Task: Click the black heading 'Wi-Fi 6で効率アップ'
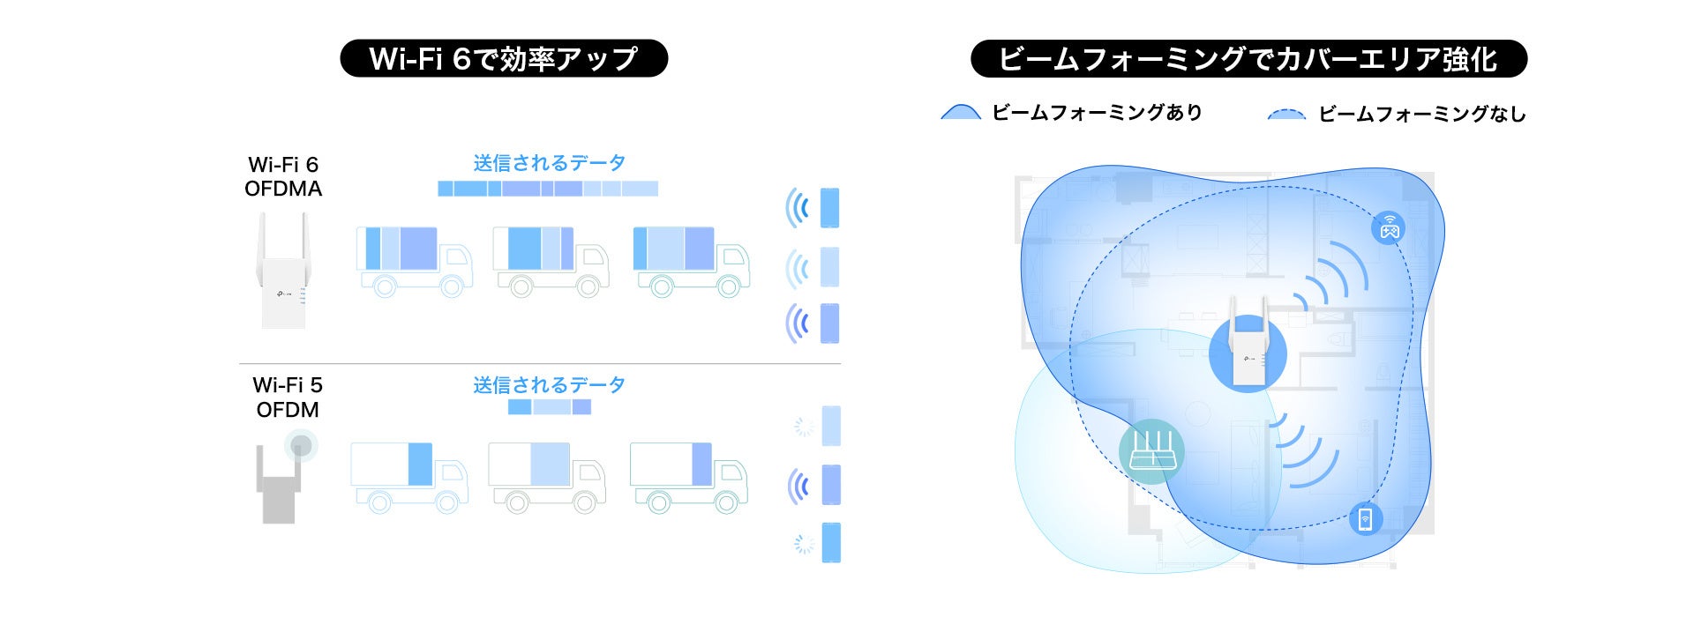(x=504, y=58)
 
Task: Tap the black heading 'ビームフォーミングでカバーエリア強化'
(x=1248, y=59)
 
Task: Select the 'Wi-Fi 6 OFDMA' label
(x=283, y=176)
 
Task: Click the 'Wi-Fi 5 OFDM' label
(x=288, y=398)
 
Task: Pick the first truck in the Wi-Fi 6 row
(x=413, y=260)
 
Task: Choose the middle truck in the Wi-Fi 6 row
(x=551, y=260)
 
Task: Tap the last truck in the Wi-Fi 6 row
(x=691, y=259)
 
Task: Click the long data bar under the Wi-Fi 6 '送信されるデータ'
(x=548, y=189)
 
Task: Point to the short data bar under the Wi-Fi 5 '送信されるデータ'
(x=549, y=407)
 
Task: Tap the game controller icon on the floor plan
(x=1389, y=227)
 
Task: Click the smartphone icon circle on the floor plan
(x=1365, y=518)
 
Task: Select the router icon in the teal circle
(x=1151, y=451)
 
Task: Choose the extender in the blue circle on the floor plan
(x=1248, y=348)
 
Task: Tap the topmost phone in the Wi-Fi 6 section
(x=829, y=208)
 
